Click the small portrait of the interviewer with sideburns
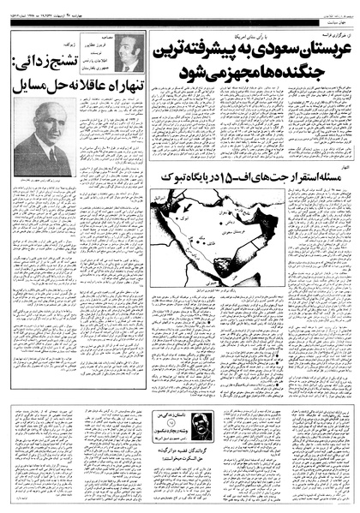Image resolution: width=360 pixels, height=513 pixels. pos(129,52)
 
